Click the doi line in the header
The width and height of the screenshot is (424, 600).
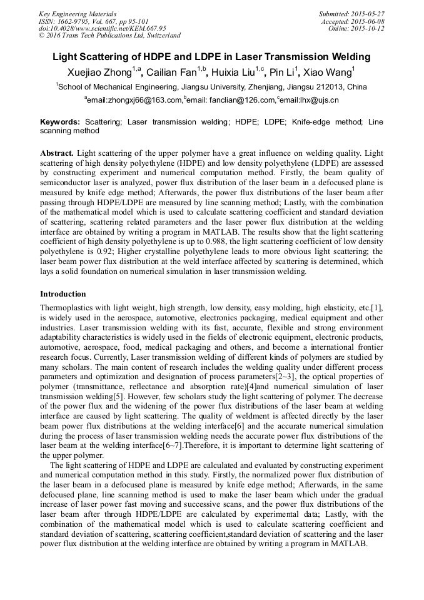(103, 28)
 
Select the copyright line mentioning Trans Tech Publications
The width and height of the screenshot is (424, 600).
(109, 36)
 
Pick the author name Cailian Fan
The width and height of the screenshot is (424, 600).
(171, 73)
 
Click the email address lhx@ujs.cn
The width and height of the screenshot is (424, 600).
(320, 100)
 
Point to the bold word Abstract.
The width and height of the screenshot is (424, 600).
(57, 153)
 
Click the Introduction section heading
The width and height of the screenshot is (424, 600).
(63, 293)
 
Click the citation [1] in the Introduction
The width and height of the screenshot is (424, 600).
(377, 308)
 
